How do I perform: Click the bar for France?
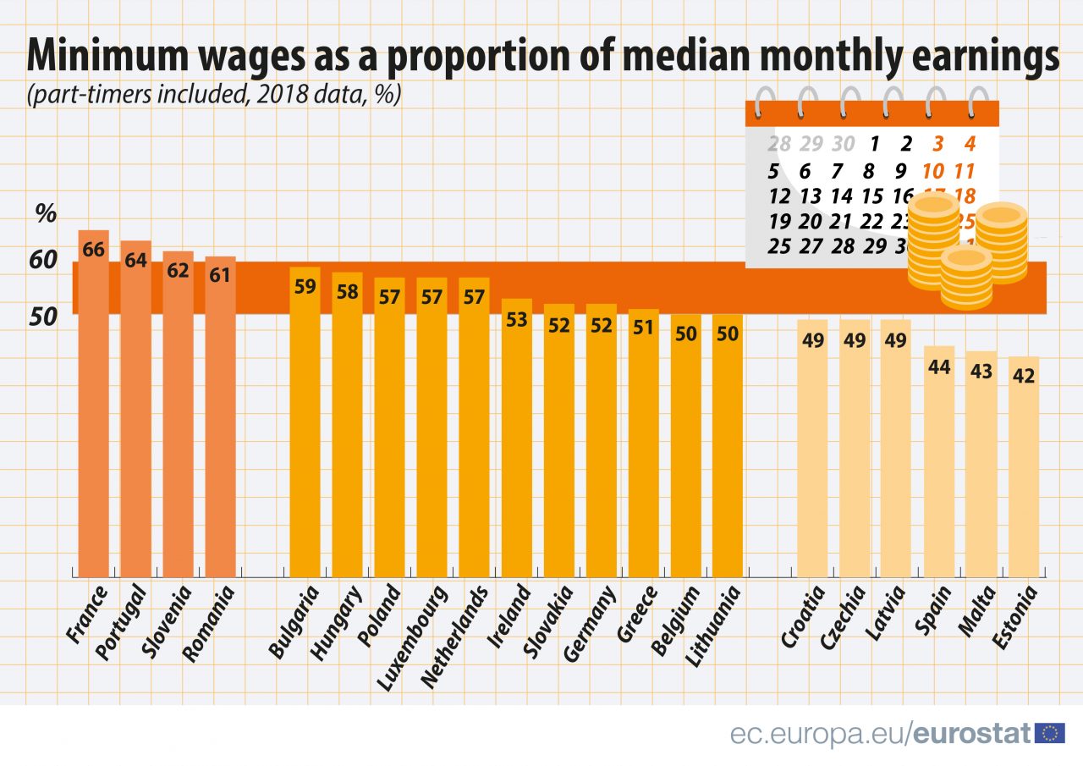tap(93, 406)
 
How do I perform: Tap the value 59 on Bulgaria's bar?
tap(305, 286)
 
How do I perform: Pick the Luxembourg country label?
tap(411, 636)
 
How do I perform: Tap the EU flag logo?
tap(1050, 733)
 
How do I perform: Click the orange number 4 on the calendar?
tap(970, 143)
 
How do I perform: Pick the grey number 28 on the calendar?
tap(778, 143)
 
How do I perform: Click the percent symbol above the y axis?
tap(46, 214)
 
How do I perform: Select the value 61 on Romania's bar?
tap(220, 276)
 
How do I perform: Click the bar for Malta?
tap(981, 466)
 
